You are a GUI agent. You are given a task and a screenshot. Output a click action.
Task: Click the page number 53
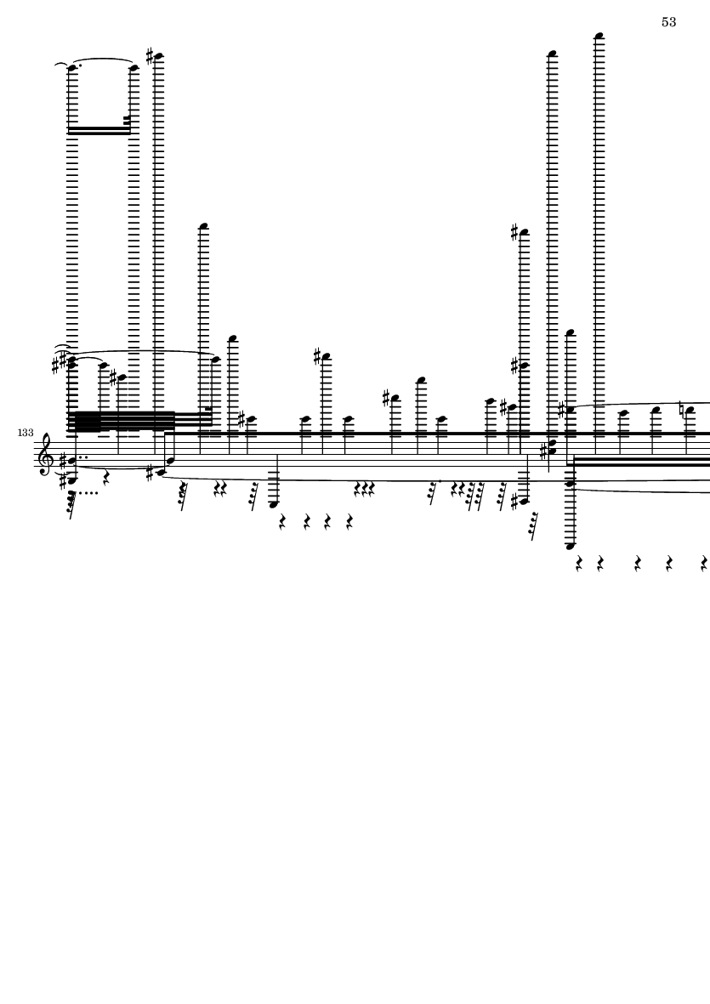(668, 22)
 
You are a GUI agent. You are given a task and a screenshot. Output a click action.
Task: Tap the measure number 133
(26, 433)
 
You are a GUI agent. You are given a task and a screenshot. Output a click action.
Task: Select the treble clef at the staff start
(45, 455)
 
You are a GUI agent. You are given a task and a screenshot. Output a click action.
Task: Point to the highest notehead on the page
(599, 36)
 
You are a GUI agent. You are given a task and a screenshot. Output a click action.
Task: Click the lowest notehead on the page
(571, 546)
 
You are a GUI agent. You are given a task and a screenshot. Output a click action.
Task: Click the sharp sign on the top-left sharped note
(150, 56)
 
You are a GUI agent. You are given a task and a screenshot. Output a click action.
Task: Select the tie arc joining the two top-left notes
(102, 60)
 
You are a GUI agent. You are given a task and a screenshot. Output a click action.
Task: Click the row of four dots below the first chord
(88, 493)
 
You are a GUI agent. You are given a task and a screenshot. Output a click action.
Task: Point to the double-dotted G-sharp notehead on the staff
(71, 460)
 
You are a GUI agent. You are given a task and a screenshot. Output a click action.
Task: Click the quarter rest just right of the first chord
(106, 479)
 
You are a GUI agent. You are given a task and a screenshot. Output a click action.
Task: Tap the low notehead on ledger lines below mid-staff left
(274, 505)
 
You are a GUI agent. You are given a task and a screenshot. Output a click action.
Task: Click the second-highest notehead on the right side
(553, 54)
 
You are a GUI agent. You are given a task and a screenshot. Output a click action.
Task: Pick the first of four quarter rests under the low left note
(282, 522)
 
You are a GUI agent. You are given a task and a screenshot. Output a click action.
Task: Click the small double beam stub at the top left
(127, 120)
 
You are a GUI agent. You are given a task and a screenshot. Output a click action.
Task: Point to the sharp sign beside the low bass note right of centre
(514, 502)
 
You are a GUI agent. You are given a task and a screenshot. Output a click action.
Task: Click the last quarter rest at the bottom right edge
(704, 564)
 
